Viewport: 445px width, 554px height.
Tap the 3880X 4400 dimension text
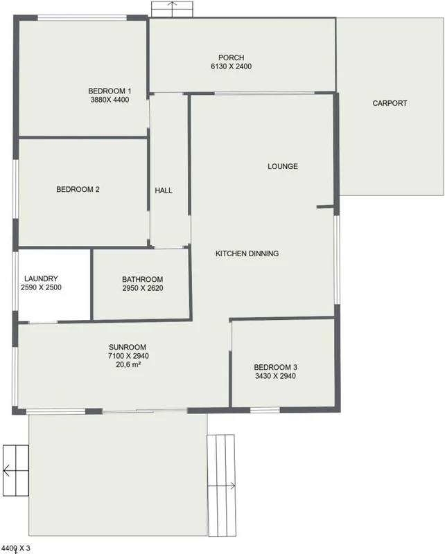110,100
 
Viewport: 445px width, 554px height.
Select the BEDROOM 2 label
79,188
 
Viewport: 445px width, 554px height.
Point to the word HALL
164,190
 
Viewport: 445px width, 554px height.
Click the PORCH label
231,57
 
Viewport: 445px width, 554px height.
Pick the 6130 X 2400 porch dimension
231,66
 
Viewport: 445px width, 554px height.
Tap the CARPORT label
390,103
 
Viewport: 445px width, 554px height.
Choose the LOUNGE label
283,166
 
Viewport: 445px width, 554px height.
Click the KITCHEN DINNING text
247,253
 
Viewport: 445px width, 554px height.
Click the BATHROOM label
142,279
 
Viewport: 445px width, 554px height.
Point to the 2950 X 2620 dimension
142,288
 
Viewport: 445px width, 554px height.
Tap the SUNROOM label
128,347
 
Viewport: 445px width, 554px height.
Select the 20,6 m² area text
128,364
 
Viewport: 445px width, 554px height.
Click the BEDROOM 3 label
276,367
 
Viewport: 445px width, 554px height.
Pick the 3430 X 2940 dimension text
276,376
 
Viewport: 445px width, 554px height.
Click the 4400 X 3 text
17,548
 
